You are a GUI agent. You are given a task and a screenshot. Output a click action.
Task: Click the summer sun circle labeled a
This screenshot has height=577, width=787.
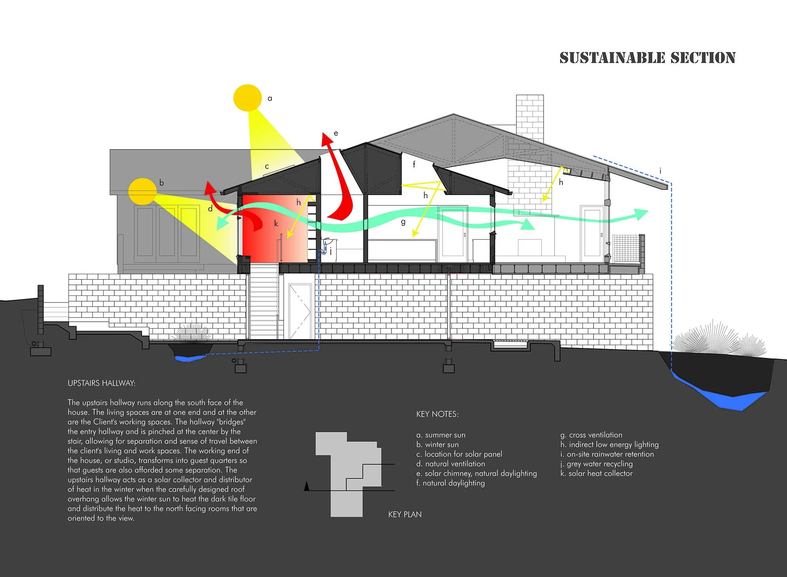tap(248, 98)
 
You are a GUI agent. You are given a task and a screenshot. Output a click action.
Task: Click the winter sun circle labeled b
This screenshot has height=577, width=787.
tap(143, 191)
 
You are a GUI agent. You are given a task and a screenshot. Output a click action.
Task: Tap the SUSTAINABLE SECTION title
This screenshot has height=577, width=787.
tap(647, 58)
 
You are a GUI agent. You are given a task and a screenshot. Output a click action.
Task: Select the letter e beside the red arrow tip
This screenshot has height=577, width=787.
tap(336, 133)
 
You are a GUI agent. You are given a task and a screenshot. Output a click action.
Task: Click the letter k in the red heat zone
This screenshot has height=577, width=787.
tap(276, 224)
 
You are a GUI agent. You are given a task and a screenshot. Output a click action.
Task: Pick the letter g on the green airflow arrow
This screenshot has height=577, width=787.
tap(403, 222)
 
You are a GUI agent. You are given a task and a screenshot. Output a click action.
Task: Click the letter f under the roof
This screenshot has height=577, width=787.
tap(414, 164)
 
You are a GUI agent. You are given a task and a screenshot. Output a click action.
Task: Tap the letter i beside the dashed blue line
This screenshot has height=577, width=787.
tap(660, 171)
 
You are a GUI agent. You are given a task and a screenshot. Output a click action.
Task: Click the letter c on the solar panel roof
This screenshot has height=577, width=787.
tap(267, 166)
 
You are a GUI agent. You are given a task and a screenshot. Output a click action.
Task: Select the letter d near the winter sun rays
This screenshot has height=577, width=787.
tap(210, 209)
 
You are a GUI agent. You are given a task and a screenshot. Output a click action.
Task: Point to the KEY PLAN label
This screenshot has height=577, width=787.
tap(405, 514)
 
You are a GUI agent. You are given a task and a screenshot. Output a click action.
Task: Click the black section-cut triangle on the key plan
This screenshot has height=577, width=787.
tap(307, 486)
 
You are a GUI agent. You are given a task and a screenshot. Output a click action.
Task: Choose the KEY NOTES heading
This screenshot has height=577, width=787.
tap(437, 414)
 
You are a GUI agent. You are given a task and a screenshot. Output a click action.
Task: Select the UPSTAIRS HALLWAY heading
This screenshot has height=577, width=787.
tap(102, 383)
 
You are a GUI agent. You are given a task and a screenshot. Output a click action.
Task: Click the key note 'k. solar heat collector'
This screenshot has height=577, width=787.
tap(596, 473)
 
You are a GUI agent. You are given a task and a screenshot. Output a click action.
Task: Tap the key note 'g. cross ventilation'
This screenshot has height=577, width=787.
tap(591, 435)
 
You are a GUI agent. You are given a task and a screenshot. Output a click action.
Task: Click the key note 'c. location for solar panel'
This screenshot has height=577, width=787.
tap(459, 454)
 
